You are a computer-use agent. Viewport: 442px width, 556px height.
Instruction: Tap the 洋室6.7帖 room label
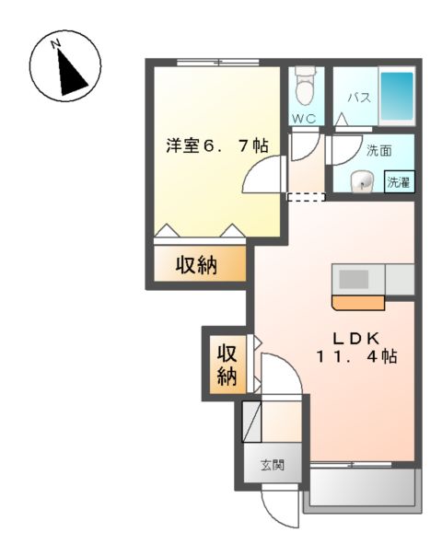coord(216,145)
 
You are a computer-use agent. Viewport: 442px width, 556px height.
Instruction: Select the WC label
coord(304,119)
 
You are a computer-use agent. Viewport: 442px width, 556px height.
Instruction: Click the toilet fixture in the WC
coord(304,88)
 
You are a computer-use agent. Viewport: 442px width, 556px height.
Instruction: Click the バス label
coord(358,97)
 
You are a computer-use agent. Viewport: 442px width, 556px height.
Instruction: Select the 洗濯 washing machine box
coord(399,182)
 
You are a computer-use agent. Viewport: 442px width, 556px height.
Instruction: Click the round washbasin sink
coord(360,180)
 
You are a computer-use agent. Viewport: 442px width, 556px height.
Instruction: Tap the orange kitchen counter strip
coord(358,302)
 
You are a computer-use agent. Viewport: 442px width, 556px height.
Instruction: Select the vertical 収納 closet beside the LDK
coord(227,365)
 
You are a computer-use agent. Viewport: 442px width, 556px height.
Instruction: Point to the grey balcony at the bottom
coord(362,487)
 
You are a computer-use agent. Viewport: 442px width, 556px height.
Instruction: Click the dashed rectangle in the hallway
coord(306,196)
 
